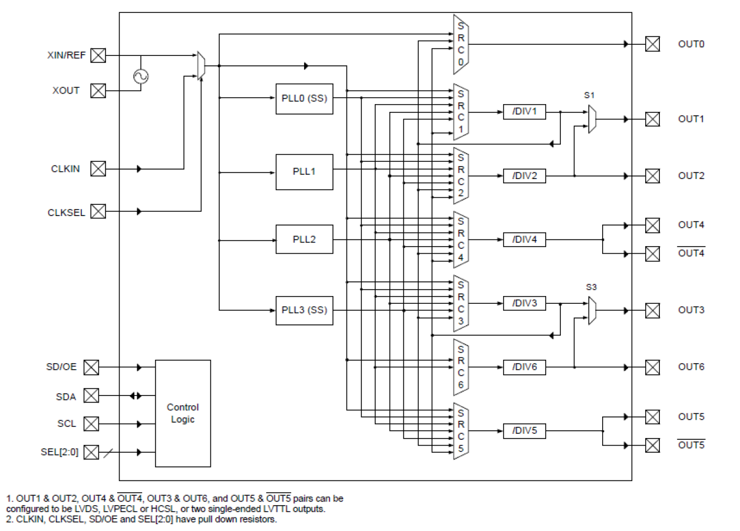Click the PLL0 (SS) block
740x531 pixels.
pos(304,98)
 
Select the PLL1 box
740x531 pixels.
pos(304,172)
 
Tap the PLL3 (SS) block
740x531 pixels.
pos(304,310)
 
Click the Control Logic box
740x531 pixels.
pos(183,413)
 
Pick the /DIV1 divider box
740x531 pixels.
pos(524,112)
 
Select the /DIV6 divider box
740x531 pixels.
pos(524,367)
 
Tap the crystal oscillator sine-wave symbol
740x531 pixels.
pos(141,77)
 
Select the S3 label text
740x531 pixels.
pos(591,287)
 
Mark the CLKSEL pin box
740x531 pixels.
pos(98,211)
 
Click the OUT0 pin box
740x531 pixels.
pos(652,44)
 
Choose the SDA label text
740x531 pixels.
pos(66,397)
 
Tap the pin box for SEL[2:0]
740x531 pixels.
pos(91,453)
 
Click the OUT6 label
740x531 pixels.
pos(691,367)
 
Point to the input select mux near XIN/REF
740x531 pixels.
pos(201,65)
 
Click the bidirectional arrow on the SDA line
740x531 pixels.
pos(136,396)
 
